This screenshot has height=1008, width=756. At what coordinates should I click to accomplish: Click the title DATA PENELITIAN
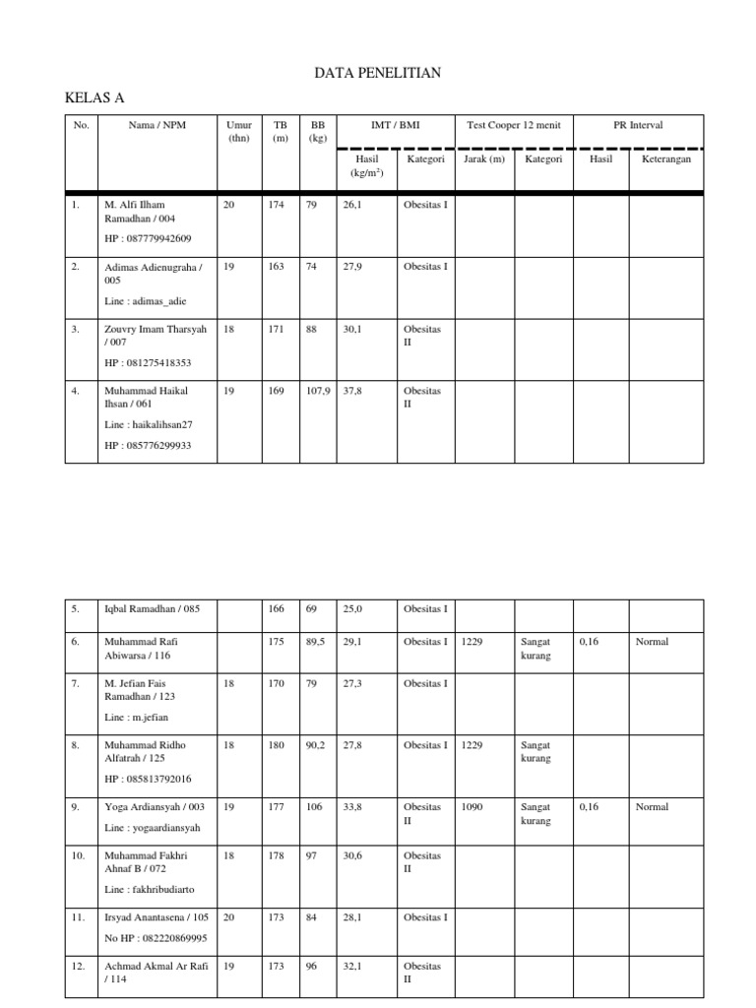point(378,73)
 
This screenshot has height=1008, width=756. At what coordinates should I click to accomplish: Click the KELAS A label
point(94,97)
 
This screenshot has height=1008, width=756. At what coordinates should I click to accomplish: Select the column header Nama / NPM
point(157,126)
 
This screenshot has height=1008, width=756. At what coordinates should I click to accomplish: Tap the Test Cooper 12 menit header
point(513,126)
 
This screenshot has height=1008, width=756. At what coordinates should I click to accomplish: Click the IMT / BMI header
point(395,126)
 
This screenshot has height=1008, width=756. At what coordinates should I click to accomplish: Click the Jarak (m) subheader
point(483,159)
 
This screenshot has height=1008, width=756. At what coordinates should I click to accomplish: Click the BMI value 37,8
point(352,391)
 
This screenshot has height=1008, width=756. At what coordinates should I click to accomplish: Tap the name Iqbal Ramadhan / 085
point(152,609)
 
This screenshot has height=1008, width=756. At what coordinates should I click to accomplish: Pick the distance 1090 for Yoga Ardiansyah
point(472,807)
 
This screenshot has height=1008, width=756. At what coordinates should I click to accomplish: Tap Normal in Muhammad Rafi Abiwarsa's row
point(652,642)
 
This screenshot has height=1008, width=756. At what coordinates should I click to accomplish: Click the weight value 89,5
point(316,642)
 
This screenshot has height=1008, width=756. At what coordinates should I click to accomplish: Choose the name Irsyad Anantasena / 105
point(157,917)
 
